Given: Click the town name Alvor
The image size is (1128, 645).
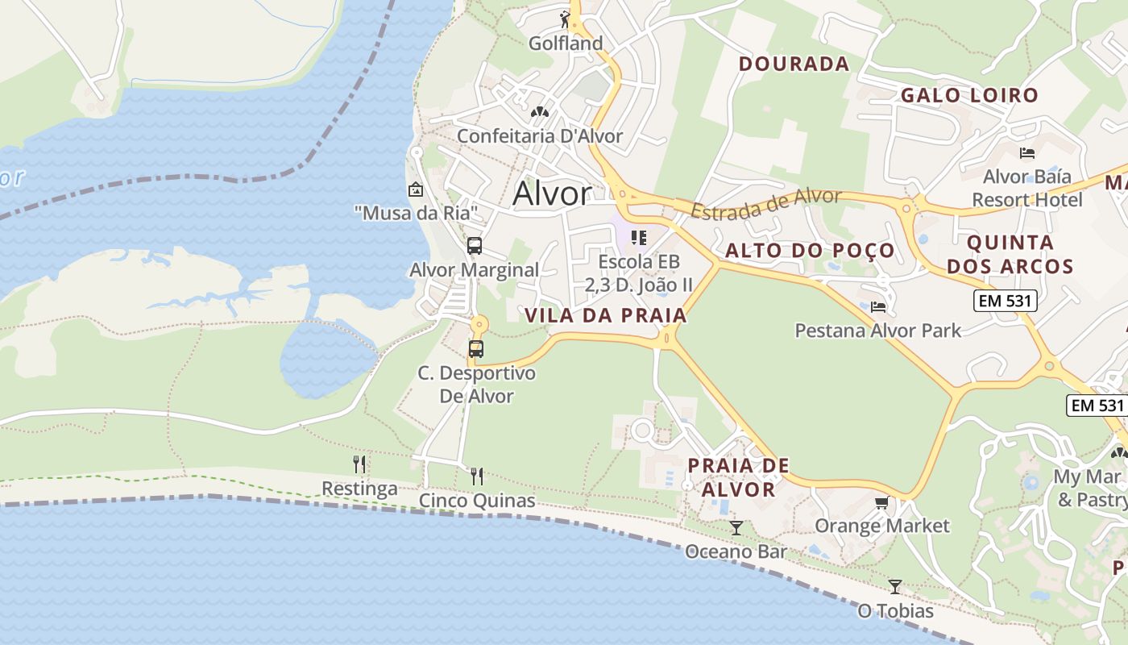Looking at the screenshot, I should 552,193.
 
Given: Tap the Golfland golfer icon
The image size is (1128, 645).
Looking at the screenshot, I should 565,19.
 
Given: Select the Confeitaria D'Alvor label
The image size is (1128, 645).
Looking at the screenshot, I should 540,135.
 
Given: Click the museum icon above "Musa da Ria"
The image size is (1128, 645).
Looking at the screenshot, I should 416,190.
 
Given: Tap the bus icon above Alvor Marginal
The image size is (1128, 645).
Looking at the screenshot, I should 475,246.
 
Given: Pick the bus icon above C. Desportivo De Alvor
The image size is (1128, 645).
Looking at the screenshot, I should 476,349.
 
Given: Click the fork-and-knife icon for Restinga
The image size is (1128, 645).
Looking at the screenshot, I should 359,464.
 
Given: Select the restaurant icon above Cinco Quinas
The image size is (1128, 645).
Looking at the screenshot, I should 477,476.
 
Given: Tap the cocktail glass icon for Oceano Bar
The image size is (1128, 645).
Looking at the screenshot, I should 736,528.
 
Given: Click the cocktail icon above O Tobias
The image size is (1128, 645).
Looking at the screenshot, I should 894,586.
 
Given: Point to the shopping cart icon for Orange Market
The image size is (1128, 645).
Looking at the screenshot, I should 882,503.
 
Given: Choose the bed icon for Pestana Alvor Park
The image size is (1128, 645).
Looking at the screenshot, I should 878,306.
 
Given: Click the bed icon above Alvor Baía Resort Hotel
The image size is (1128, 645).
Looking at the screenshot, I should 1027,152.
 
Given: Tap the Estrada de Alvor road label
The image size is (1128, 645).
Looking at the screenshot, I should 766,203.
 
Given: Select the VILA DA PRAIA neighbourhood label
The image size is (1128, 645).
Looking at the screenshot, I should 606,315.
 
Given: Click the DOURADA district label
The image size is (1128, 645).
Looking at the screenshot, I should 794,64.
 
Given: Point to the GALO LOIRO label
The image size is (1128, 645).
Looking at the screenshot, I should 969,95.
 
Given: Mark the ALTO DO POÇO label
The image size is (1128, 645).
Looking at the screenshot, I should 810,250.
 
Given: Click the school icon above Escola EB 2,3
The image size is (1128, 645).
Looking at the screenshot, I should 639,238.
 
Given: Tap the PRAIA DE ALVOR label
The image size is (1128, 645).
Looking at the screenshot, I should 738,477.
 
